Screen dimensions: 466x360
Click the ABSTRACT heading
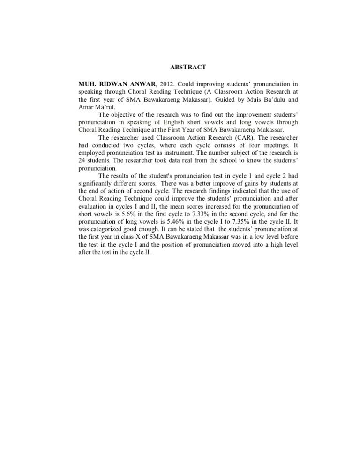[x=190, y=68]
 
